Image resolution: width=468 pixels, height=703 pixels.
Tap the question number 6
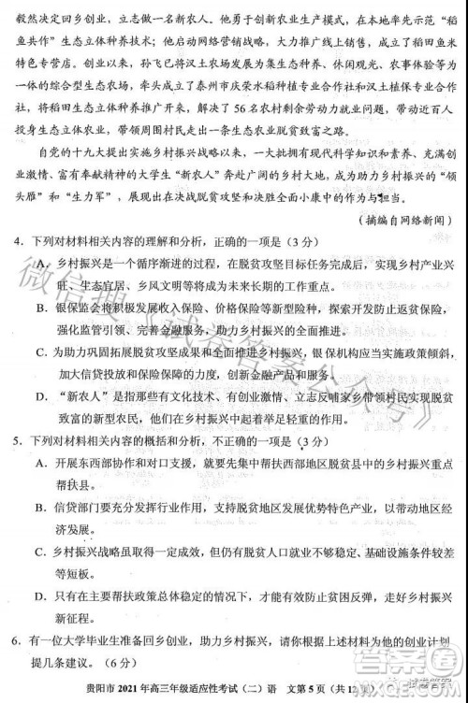coord(17,640)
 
